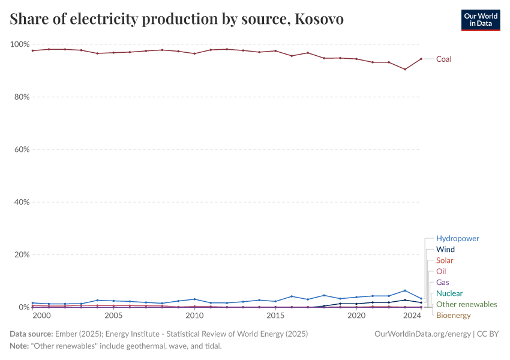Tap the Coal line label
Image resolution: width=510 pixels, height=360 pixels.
click(443, 59)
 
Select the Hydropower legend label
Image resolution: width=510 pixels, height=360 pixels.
click(457, 238)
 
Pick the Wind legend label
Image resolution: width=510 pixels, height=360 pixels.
click(445, 249)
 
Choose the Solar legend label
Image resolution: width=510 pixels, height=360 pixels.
click(445, 260)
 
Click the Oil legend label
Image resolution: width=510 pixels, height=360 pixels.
click(441, 271)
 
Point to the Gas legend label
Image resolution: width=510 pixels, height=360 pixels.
click(442, 282)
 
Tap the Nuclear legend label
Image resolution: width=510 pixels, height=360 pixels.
click(449, 293)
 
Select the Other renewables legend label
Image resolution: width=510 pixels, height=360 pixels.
click(466, 304)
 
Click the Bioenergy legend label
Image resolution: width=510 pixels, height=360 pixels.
click(453, 315)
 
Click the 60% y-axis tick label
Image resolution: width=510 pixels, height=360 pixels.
click(22, 149)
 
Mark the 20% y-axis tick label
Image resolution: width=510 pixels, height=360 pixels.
click(22, 254)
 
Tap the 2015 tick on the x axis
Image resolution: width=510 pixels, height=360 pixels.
click(275, 315)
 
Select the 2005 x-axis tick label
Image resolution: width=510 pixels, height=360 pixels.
click(113, 315)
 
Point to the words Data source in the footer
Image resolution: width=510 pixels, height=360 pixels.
click(31, 334)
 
